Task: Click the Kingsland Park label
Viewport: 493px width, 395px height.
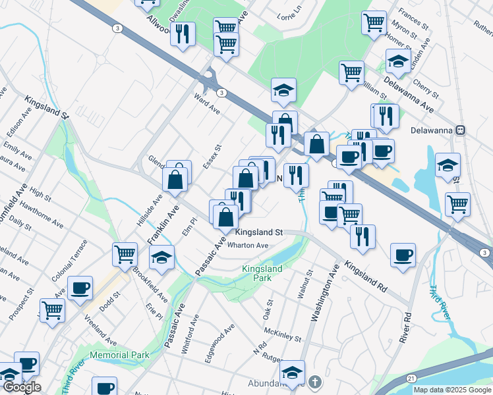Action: (262, 274)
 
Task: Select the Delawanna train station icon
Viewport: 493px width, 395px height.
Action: (464, 130)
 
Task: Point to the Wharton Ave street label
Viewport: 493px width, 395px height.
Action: (248, 246)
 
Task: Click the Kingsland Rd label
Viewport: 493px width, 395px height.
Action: (364, 277)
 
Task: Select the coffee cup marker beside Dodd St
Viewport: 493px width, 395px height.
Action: (80, 288)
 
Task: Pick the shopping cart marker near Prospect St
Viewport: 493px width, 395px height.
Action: (52, 310)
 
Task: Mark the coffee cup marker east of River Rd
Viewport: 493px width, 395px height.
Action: (403, 255)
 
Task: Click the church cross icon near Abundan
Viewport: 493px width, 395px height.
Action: (316, 382)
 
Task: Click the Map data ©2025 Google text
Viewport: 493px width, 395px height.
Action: (452, 390)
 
